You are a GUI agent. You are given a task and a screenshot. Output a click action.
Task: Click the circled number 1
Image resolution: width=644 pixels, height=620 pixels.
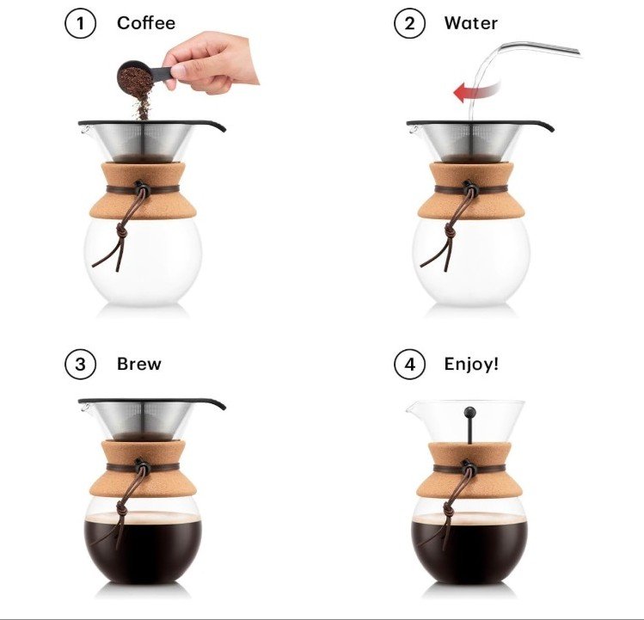(x=81, y=23)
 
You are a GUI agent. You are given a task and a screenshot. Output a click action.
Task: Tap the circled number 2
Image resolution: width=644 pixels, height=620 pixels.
(x=409, y=23)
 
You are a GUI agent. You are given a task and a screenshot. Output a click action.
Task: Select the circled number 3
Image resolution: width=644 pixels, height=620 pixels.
(x=81, y=364)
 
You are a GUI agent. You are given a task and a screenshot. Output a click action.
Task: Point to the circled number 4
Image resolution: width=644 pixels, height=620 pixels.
(x=409, y=364)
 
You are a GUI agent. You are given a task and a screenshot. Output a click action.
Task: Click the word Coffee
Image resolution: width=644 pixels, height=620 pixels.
(x=146, y=23)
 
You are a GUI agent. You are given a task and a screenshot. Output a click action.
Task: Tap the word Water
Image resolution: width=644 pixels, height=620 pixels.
(x=470, y=23)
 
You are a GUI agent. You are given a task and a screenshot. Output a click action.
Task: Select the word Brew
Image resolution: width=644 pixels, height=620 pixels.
(x=138, y=364)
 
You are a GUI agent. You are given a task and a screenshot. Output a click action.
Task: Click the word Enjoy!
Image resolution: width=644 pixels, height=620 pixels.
(x=471, y=365)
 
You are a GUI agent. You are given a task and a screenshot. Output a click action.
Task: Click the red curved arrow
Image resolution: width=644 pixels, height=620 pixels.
(x=476, y=92)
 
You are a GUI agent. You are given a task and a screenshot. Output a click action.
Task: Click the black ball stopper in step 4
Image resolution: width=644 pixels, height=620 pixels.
(x=469, y=412)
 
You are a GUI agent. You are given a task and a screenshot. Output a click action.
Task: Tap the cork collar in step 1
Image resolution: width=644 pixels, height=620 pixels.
(x=143, y=191)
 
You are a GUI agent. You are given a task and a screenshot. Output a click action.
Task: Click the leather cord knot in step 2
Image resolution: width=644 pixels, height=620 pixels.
(x=450, y=232)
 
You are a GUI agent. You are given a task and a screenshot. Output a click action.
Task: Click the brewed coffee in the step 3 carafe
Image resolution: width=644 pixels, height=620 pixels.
(x=143, y=546)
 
